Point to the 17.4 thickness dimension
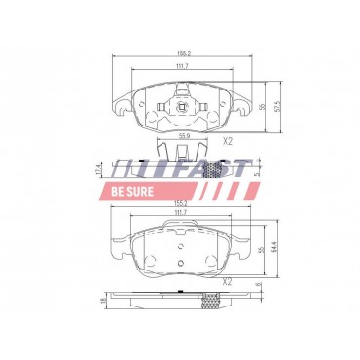[x=98, y=167]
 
